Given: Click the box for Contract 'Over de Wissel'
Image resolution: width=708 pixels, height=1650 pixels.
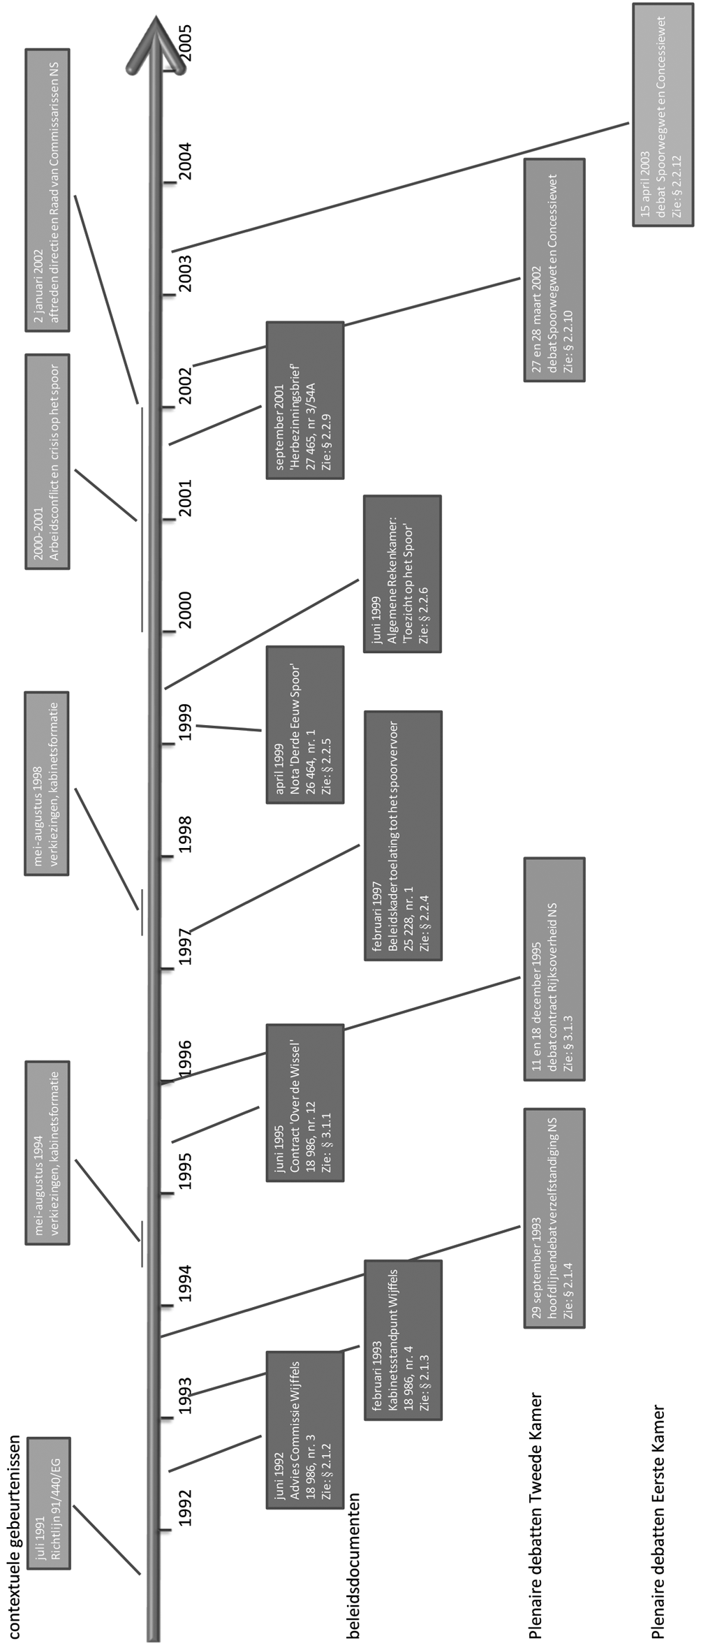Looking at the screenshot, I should pos(304,1103).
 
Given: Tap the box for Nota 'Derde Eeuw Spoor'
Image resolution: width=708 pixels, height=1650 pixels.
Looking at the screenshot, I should pos(304,724).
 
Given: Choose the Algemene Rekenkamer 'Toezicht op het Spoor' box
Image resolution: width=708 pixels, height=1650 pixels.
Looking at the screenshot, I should pos(402,574).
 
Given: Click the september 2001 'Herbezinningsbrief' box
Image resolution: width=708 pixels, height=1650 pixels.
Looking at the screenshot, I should pos(304,400).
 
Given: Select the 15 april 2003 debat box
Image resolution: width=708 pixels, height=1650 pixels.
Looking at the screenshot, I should pos(663,115).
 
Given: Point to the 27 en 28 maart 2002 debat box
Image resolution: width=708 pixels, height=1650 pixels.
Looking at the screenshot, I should pos(554,270).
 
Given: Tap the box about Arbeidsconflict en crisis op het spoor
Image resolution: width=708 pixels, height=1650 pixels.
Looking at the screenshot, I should pos(47,462).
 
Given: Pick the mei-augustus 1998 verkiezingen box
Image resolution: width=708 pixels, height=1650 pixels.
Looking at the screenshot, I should pos(47,783).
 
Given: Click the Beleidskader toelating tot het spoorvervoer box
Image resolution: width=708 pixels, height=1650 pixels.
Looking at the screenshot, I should pos(403,835).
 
